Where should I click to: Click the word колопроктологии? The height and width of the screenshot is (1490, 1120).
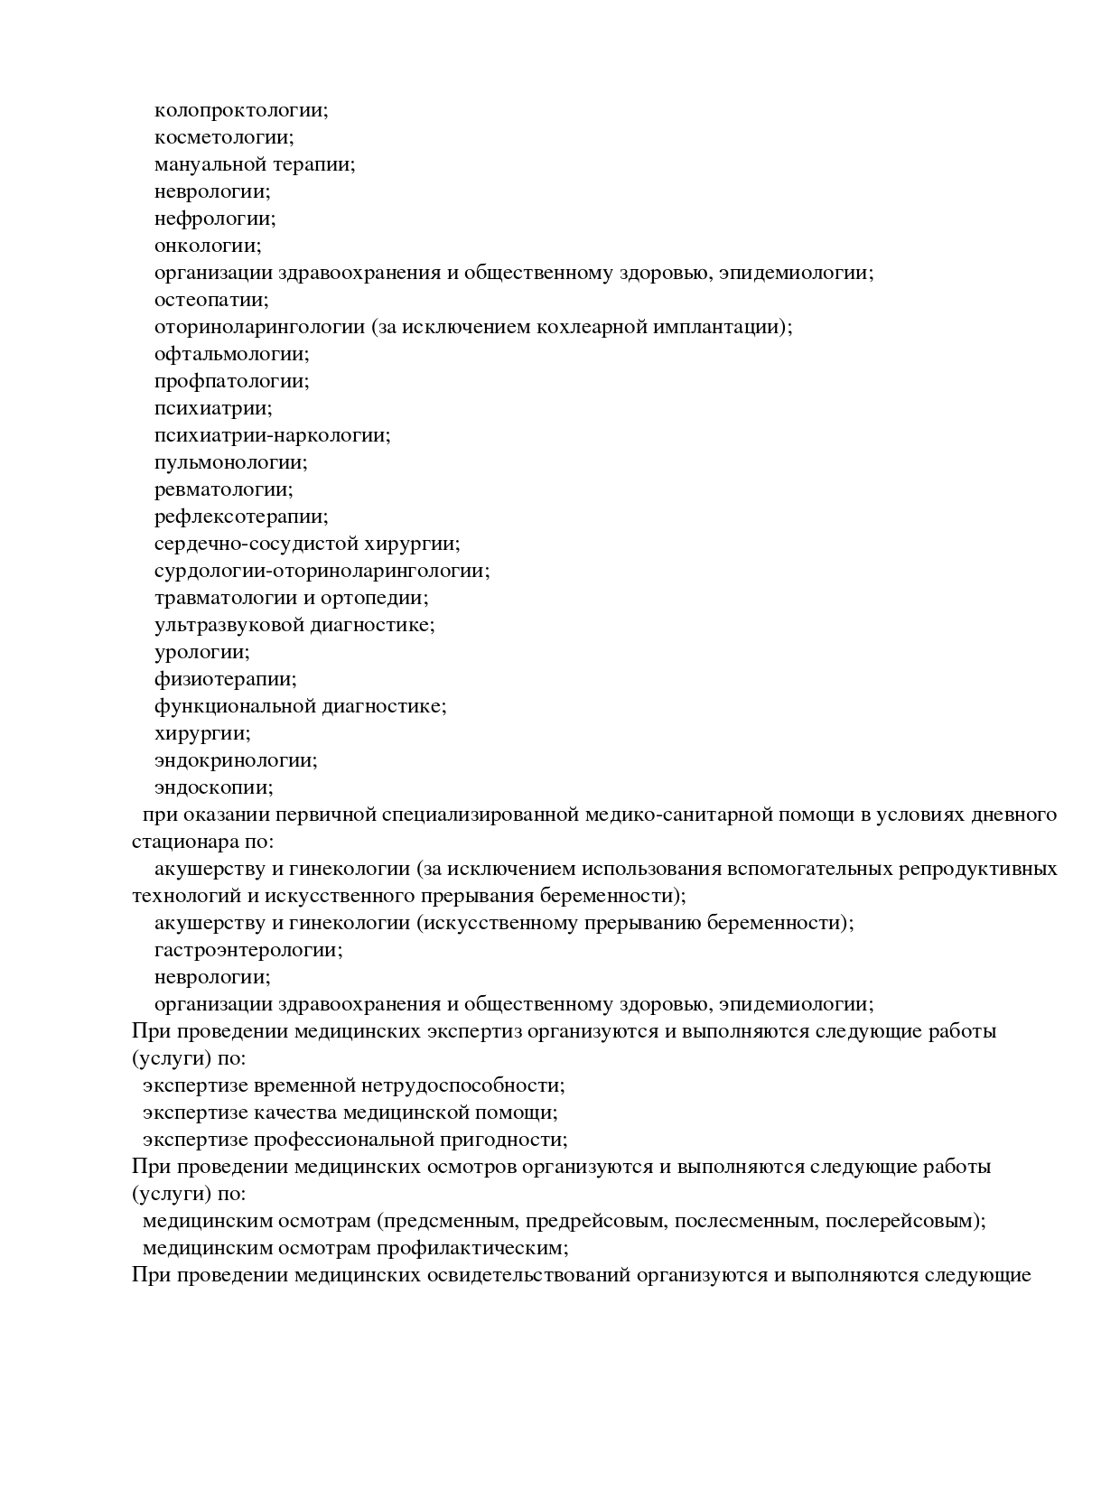239,110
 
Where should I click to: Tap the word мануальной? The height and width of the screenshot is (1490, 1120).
209,164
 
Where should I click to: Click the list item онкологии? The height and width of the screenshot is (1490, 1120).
207,246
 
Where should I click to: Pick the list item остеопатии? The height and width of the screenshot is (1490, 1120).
210,300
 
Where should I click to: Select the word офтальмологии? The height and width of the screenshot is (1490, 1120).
230,354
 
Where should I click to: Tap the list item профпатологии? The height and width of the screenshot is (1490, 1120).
230,381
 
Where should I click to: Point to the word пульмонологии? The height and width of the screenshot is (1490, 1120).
229,462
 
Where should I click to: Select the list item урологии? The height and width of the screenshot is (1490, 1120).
201,652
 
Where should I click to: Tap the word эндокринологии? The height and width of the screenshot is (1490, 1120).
235,760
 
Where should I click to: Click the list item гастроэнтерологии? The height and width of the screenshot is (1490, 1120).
247,950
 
